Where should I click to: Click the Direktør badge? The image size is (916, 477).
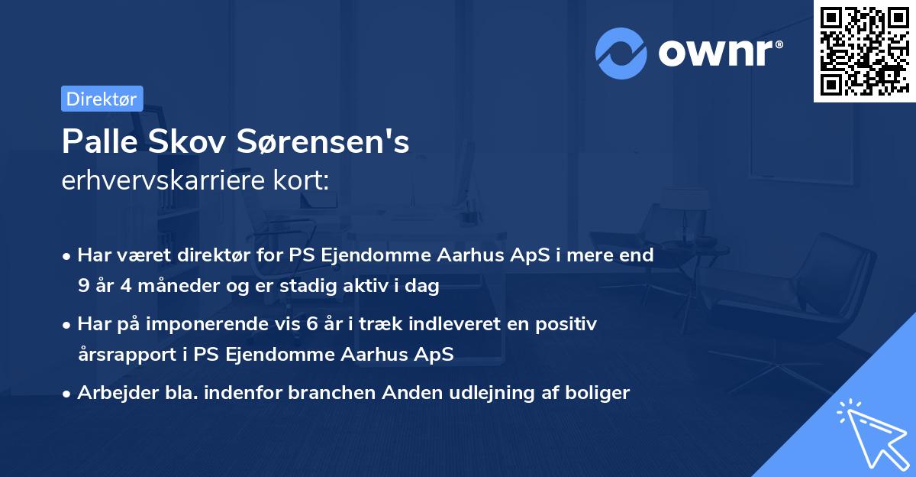[102, 99]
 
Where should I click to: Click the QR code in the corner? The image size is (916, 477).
[864, 51]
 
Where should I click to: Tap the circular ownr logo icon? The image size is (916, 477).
[621, 53]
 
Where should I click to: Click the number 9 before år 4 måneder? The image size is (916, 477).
[82, 287]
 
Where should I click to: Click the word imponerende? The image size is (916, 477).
[208, 324]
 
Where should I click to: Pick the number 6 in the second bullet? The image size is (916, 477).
[314, 324]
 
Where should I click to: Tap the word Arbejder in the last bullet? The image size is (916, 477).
[111, 393]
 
